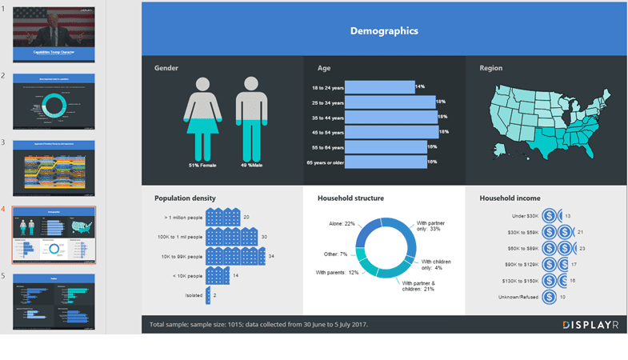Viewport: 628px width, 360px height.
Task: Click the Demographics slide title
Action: coord(384,31)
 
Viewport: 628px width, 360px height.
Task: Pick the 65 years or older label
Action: coord(326,162)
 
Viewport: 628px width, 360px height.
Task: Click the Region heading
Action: coord(490,68)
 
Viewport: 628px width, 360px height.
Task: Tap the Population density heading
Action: coord(185,198)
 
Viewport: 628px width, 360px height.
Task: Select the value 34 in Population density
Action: coord(272,257)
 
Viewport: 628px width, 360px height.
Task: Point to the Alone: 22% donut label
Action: coord(339,224)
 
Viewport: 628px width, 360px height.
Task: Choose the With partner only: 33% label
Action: coord(429,226)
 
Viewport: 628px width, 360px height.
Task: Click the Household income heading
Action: coord(510,198)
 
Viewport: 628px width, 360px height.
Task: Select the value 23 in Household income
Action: coord(582,249)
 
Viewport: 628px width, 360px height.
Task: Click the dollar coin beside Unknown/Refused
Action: coord(550,297)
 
